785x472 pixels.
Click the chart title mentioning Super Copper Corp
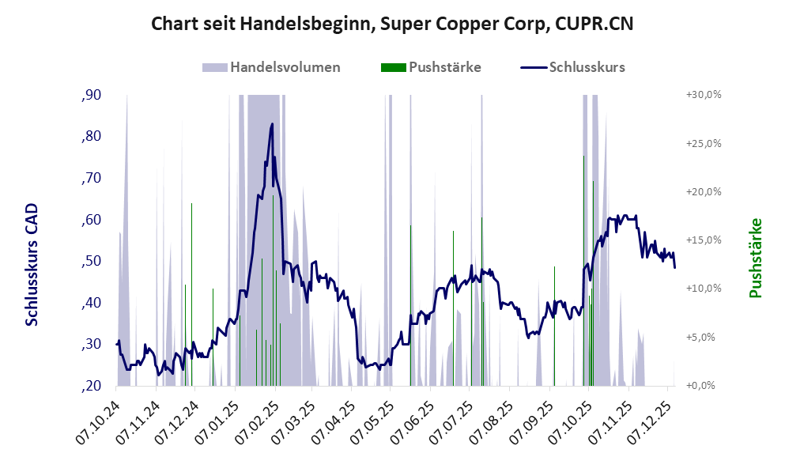tap(392, 24)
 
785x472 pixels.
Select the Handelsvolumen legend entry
tap(285, 67)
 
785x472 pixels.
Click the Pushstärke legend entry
tap(444, 67)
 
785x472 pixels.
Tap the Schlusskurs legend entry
tap(587, 67)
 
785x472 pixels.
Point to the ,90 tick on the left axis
tap(92, 96)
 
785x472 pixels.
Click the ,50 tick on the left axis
tap(92, 262)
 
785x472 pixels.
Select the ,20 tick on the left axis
tap(92, 386)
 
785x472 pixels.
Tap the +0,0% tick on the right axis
tap(703, 386)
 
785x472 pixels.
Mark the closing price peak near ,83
tap(272, 124)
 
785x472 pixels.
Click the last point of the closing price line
tap(675, 267)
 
